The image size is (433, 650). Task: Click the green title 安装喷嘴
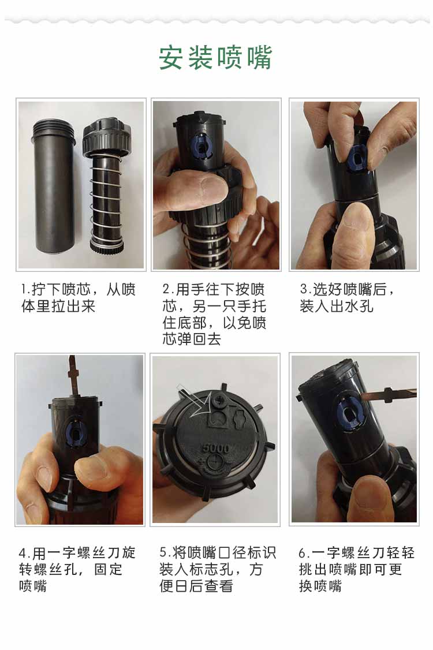215,58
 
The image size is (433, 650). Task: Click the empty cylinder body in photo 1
54,186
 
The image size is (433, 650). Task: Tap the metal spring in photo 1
107,200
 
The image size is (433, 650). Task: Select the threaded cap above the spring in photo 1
107,136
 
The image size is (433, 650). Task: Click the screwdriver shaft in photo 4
73,377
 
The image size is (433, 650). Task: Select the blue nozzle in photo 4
76,433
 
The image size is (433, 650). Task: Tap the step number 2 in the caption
167,289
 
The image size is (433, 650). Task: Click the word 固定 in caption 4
109,570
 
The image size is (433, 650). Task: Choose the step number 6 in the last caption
303,553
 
